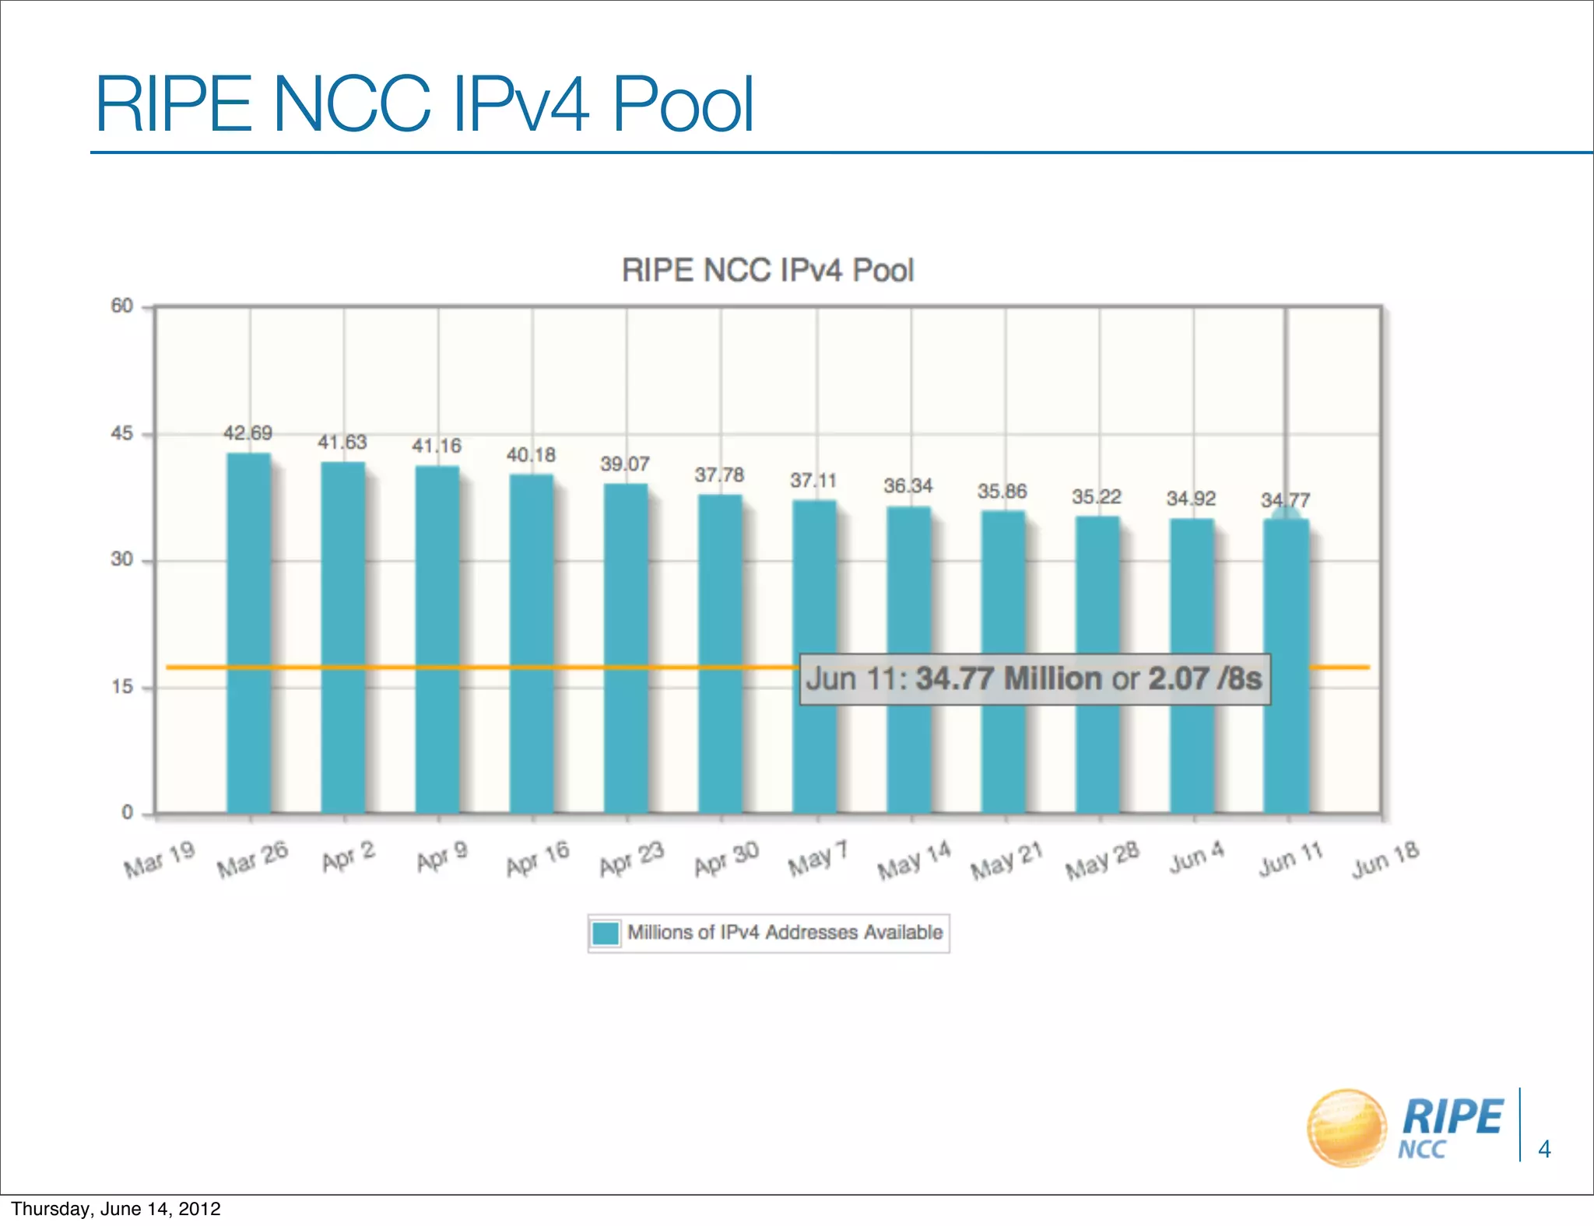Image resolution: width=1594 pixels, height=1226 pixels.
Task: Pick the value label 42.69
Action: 248,433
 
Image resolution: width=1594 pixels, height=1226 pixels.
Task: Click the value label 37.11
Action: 814,481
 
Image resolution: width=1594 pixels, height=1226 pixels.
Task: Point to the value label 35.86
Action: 1002,491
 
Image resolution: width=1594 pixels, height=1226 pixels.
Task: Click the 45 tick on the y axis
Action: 122,433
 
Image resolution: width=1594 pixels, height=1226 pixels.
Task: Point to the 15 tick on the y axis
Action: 122,687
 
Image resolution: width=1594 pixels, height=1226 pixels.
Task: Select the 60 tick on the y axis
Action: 122,306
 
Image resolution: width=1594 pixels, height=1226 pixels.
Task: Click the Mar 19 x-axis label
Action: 160,859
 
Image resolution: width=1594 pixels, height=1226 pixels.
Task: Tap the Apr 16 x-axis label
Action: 538,859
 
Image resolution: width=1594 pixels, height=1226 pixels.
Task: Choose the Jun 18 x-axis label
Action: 1385,859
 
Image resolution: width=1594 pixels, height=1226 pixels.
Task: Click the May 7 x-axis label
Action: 817,859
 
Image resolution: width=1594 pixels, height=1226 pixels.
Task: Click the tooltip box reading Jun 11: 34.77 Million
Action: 1034,679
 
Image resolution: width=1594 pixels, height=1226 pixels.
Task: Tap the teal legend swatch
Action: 606,933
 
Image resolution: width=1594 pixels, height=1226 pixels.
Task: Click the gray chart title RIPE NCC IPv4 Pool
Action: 767,271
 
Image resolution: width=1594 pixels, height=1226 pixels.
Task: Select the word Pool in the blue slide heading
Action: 683,104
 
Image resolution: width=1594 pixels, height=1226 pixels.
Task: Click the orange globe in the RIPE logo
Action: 1346,1128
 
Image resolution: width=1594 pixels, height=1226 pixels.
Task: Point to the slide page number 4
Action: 1544,1149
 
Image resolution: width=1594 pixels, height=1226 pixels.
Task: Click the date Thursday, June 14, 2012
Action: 116,1209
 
